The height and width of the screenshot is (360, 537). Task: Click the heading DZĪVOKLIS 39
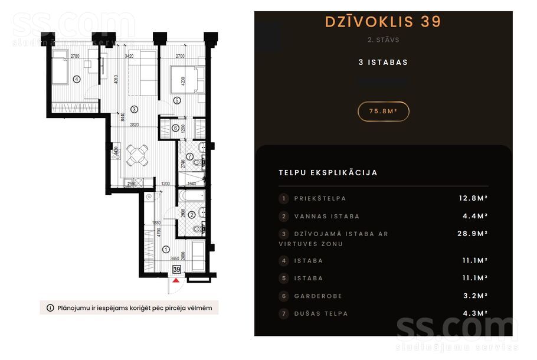[x=383, y=22]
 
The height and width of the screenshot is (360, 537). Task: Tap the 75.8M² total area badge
[x=383, y=111]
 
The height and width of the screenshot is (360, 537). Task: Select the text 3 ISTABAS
[x=383, y=62]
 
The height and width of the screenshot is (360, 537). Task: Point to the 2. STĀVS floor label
[x=383, y=40]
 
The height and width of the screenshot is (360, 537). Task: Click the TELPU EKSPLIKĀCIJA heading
[x=328, y=173]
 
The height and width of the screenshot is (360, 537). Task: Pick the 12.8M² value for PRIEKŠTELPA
[x=473, y=198]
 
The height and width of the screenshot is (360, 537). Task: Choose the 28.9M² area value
[x=473, y=234]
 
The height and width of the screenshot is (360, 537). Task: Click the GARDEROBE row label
[x=318, y=296]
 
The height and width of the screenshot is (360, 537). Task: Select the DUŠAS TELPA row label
[x=321, y=313]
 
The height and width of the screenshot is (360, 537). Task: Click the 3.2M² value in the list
[x=476, y=296]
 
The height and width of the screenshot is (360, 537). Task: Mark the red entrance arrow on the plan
[x=176, y=280]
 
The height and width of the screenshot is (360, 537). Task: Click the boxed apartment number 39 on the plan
[x=176, y=269]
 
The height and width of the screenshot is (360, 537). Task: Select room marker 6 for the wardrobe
[x=175, y=128]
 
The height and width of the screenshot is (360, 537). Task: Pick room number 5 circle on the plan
[x=176, y=101]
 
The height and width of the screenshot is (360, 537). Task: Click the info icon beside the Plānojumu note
[x=50, y=307]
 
